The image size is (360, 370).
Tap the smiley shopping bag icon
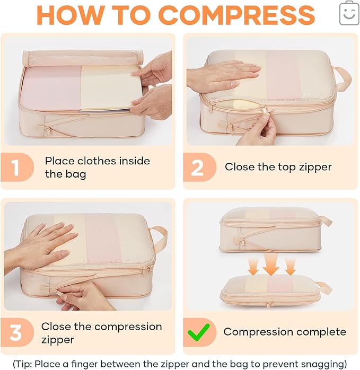[349, 13]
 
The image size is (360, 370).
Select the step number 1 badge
[15, 167]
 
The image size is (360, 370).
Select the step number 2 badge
[197, 168]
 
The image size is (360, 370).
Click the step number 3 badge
[15, 333]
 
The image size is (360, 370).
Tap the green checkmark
[198, 332]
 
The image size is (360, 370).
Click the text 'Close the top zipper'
[278, 167]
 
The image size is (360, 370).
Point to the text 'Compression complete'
[284, 332]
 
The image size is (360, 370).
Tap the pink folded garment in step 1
[51, 87]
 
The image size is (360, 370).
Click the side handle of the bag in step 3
[159, 239]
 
